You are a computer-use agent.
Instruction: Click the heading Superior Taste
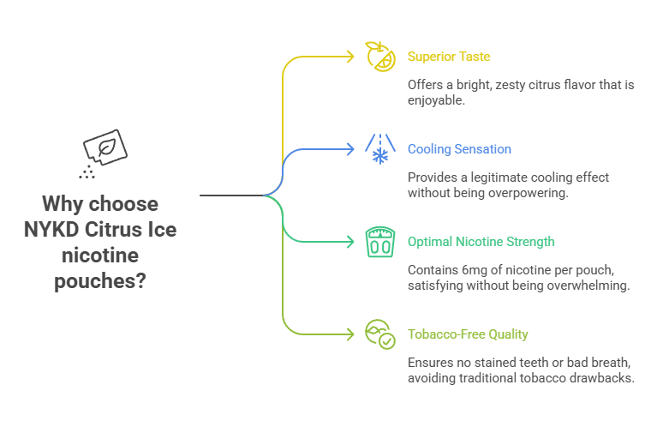[448, 57]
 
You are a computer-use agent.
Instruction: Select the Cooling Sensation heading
[459, 149]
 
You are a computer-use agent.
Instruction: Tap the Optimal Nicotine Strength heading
[481, 242]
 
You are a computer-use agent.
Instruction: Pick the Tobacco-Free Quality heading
[468, 334]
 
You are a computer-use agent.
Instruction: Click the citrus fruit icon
[379, 56]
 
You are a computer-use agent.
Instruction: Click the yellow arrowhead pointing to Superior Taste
[349, 57]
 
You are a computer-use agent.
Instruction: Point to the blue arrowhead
[349, 149]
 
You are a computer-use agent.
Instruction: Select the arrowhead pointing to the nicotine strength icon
[349, 242]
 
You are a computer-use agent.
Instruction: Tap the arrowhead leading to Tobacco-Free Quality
[349, 334]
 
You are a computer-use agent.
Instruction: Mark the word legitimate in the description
[496, 177]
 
